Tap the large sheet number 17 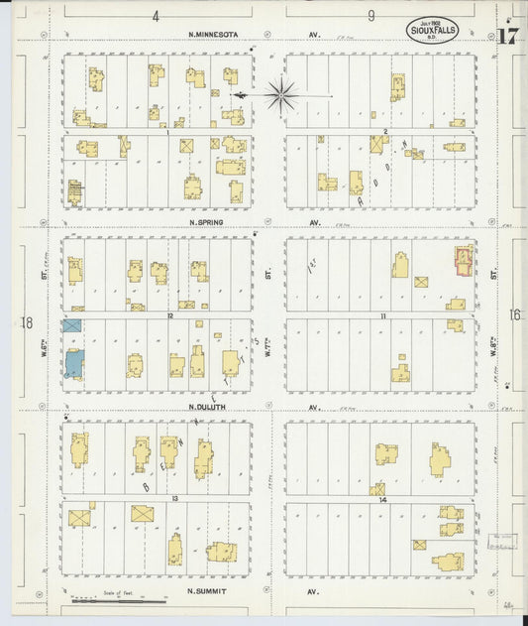click(507, 38)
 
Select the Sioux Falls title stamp click(431, 27)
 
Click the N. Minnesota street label click(215, 35)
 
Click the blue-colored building click(74, 363)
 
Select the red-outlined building click(463, 261)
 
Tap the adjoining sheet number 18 click(27, 322)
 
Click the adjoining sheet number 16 click(514, 315)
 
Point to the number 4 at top click(156, 16)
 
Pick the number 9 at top click(370, 16)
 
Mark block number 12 click(170, 315)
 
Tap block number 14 click(383, 499)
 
